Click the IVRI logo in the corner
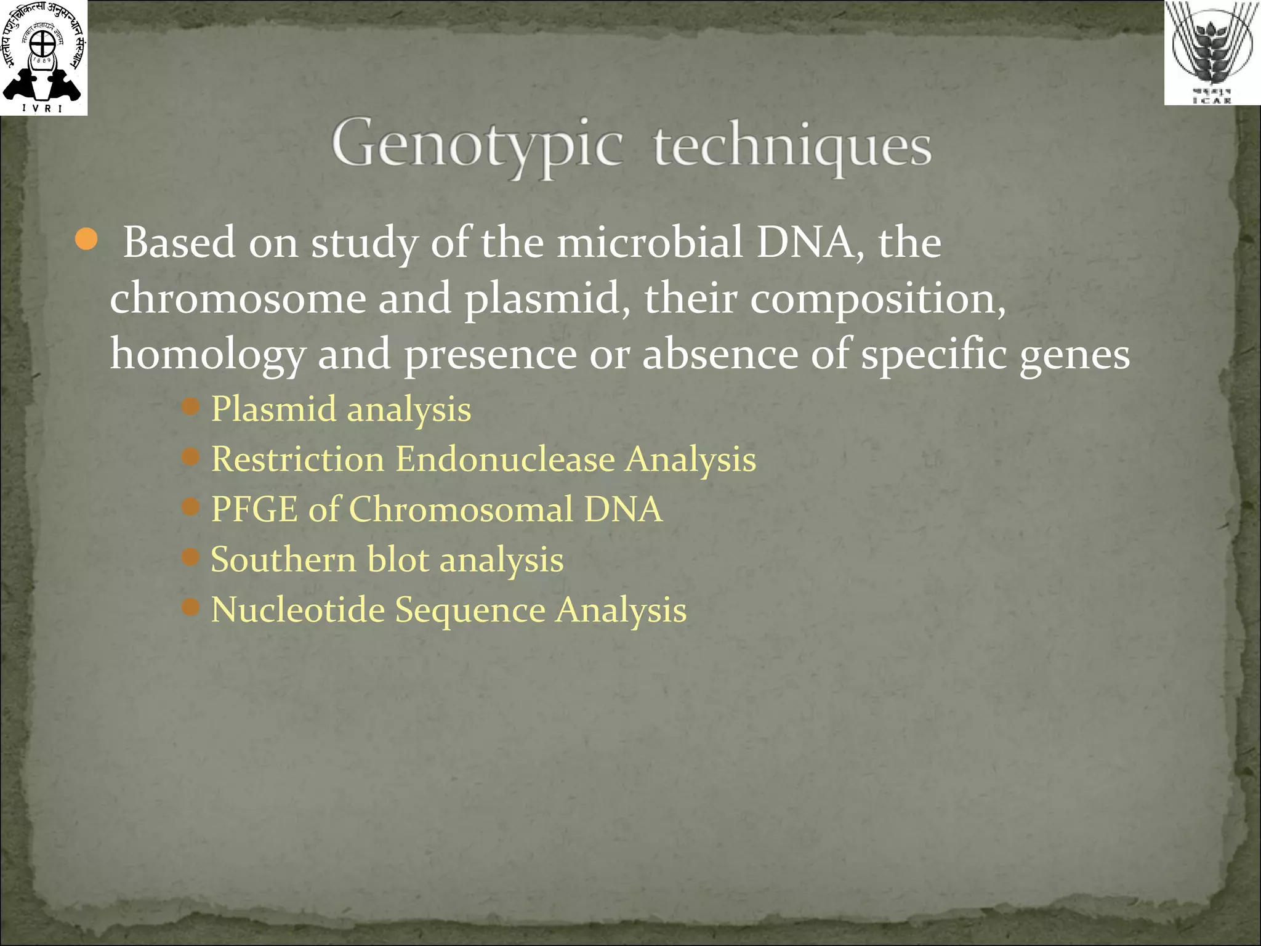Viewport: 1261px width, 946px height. click(x=43, y=57)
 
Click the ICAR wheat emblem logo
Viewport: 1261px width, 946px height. click(x=1212, y=52)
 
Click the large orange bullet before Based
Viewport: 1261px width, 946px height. click(x=86, y=240)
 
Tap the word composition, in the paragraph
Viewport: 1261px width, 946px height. click(x=877, y=299)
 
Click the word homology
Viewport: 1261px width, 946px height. click(x=207, y=354)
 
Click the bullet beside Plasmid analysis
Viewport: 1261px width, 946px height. click(x=191, y=406)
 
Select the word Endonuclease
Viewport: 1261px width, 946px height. click(x=505, y=459)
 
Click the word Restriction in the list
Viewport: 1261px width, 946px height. click(x=297, y=459)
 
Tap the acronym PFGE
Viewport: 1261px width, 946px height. click(x=254, y=509)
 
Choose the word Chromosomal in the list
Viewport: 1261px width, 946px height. click(x=461, y=509)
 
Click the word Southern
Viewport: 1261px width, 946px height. click(x=283, y=559)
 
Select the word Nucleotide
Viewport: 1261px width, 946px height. click(x=297, y=610)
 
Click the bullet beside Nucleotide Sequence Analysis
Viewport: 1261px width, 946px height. click(x=191, y=608)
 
